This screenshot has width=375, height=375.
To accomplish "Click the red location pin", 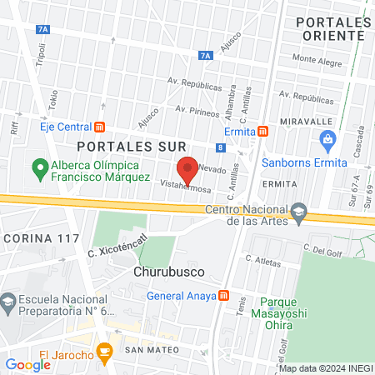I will (188, 168).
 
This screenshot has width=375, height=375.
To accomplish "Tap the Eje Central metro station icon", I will (100, 127).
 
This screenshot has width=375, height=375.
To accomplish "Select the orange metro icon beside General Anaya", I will (222, 295).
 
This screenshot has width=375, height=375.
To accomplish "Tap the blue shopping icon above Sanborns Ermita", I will (328, 139).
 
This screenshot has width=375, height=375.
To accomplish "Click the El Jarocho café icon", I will (103, 352).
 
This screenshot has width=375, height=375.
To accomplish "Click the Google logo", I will (27, 364).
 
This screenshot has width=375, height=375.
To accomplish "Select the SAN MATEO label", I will (152, 351).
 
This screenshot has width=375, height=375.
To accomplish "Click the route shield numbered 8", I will (219, 147).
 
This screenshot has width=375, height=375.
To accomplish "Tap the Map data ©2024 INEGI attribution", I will (325, 368).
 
